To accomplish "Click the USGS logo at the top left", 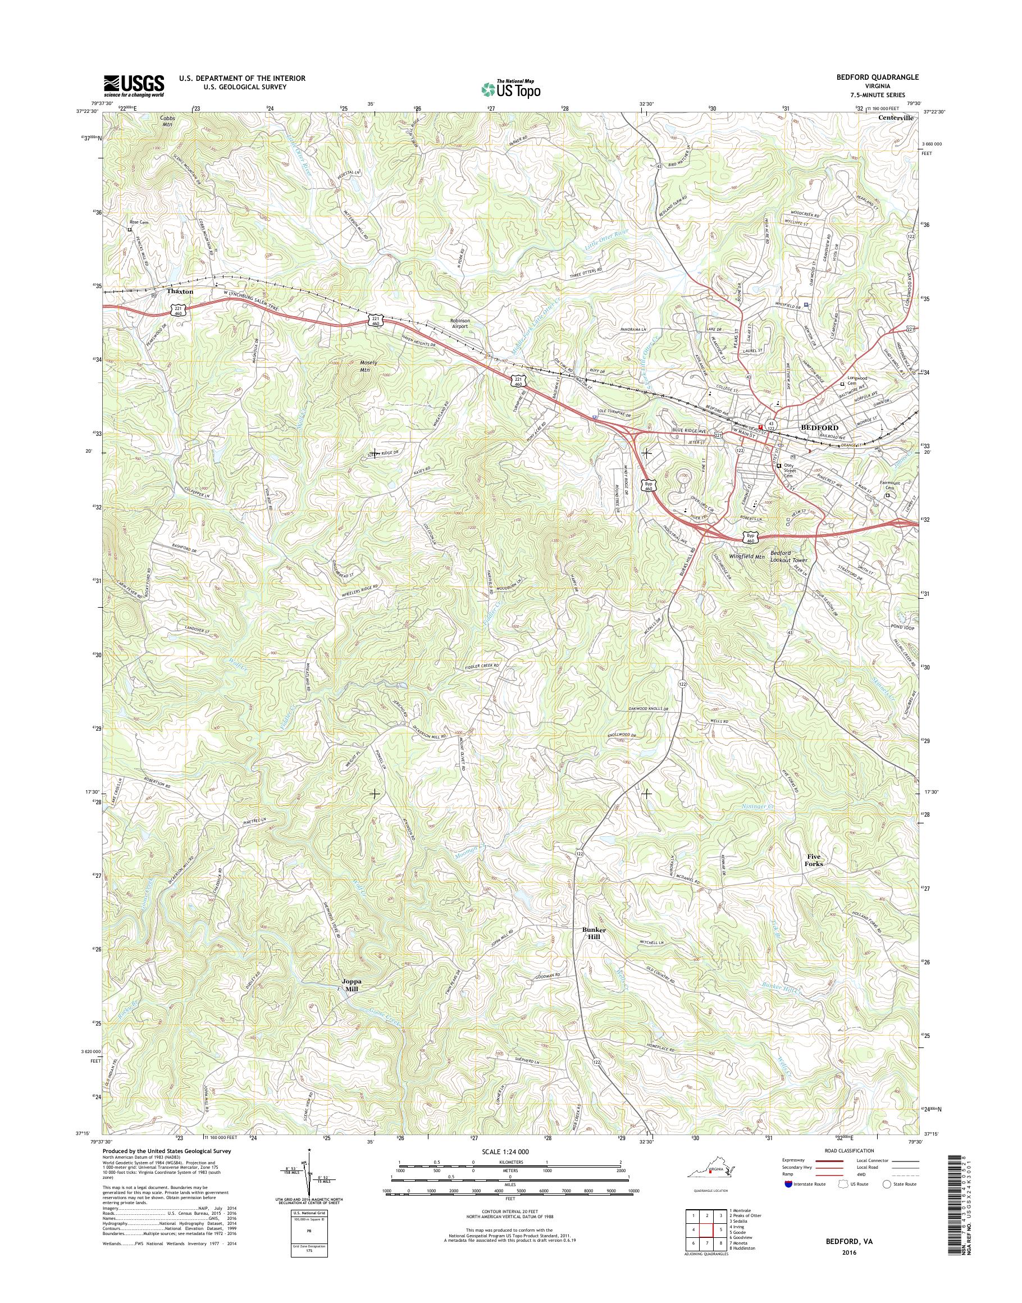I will [134, 85].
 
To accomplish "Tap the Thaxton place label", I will [180, 291].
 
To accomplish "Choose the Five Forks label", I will [814, 860].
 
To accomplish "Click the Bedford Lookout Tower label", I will [788, 557].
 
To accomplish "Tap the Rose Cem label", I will [138, 222].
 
